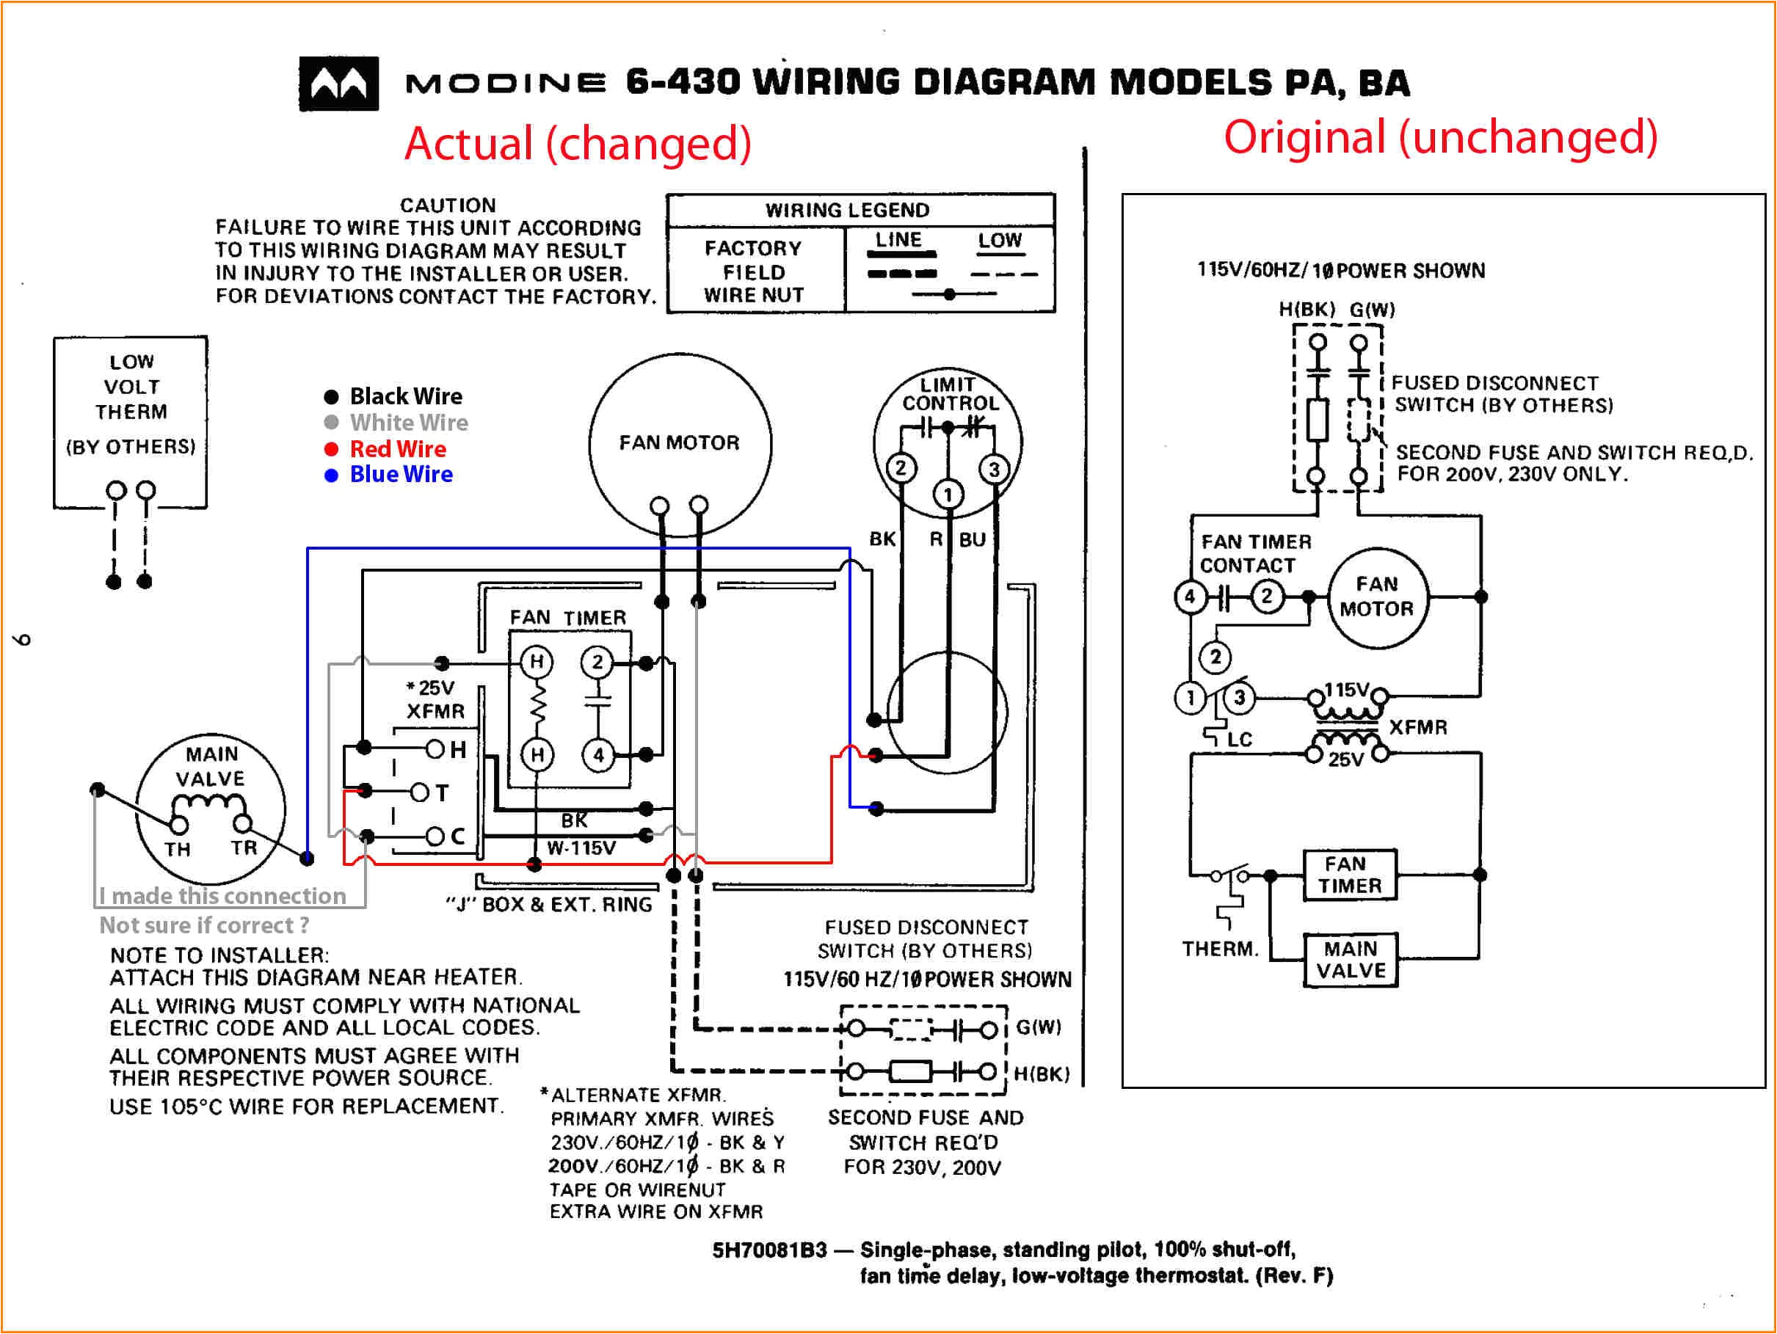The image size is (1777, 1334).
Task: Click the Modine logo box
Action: (x=338, y=84)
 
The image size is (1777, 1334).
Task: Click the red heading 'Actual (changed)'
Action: (x=578, y=143)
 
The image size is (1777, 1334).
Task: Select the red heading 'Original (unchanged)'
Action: (x=1440, y=136)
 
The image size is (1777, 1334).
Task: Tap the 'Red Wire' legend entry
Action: (x=397, y=449)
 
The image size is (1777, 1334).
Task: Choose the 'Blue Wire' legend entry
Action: (x=400, y=475)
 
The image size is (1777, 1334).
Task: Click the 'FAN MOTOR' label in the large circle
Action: (x=679, y=442)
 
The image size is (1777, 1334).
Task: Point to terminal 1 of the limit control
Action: (x=948, y=495)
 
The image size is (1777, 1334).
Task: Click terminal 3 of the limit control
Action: (x=995, y=470)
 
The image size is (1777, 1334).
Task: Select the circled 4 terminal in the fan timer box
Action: (x=597, y=755)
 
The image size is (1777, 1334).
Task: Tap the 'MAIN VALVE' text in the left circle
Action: (x=211, y=766)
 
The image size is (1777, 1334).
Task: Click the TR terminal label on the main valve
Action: (x=244, y=848)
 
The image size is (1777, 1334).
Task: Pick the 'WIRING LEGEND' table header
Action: (x=847, y=211)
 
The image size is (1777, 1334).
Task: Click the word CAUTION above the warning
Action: (x=448, y=205)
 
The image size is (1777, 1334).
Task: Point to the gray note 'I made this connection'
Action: (x=222, y=895)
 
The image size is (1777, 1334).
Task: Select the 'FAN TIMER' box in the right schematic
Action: (x=1350, y=875)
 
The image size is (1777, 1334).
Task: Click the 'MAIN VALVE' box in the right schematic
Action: (x=1351, y=960)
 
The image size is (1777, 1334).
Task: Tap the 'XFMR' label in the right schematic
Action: (x=1418, y=728)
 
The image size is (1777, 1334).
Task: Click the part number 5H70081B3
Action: (x=768, y=1250)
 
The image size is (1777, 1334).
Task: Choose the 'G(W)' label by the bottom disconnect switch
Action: (x=1038, y=1027)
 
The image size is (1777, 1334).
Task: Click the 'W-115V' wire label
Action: (x=581, y=848)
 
